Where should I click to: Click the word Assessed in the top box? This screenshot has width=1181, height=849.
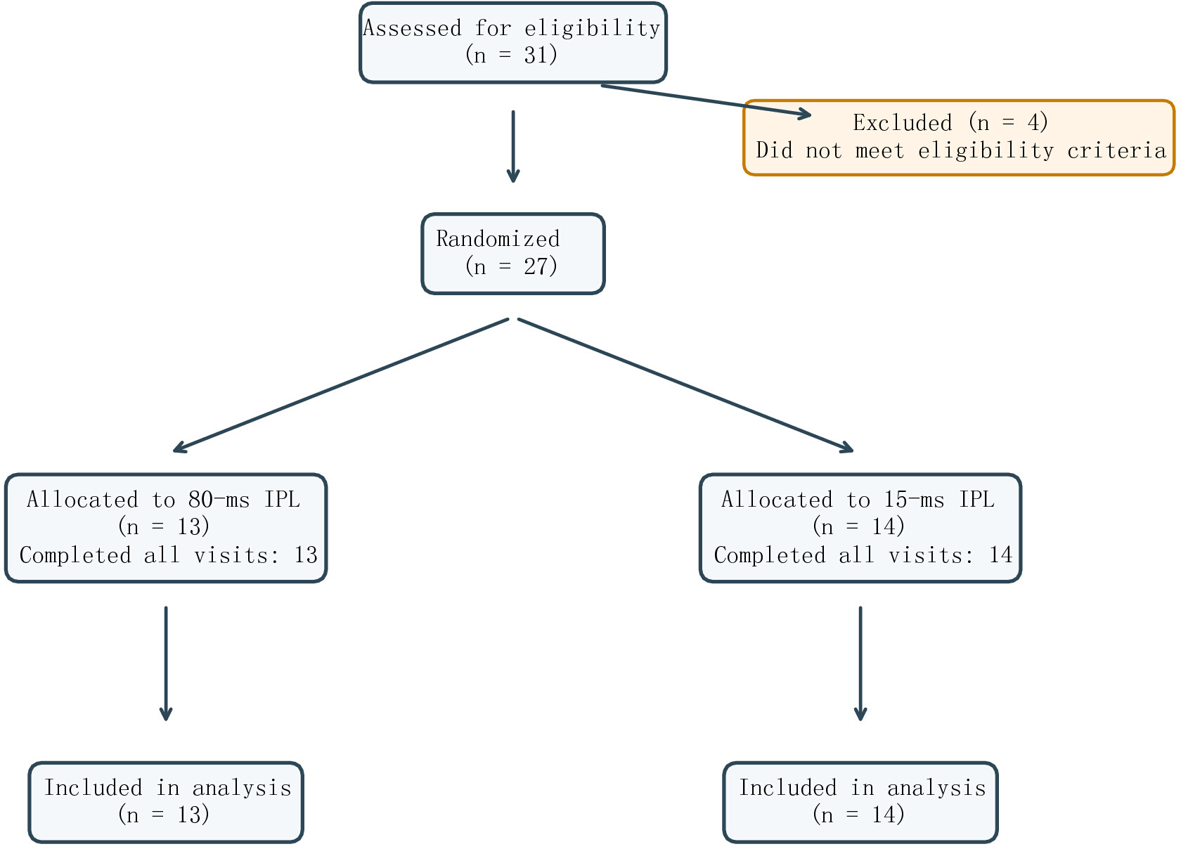point(412,28)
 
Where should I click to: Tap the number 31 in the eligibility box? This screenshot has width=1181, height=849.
point(536,55)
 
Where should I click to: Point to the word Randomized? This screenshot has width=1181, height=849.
point(498,239)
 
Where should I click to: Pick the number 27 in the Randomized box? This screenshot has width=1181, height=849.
point(536,266)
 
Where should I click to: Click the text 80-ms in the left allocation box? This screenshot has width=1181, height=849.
point(219,500)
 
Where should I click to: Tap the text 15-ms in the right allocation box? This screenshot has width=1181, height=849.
point(914,500)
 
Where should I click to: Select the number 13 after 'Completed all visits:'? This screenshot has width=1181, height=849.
point(306,555)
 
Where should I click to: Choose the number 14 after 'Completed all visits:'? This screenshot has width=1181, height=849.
point(1000,555)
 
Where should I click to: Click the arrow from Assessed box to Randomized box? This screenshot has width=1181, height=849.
point(513,146)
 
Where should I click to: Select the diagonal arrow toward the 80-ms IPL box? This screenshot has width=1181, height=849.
point(340,385)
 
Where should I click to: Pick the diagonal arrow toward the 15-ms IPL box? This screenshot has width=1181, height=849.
point(685,385)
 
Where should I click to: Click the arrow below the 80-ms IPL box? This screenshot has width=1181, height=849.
point(166,663)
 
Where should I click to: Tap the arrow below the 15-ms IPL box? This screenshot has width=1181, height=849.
point(860,663)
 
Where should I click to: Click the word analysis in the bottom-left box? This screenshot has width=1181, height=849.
point(242,788)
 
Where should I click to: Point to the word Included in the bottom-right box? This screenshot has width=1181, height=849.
point(787,788)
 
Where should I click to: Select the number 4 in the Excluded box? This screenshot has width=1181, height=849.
point(1033,123)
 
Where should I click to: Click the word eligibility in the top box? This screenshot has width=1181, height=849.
point(592,28)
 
